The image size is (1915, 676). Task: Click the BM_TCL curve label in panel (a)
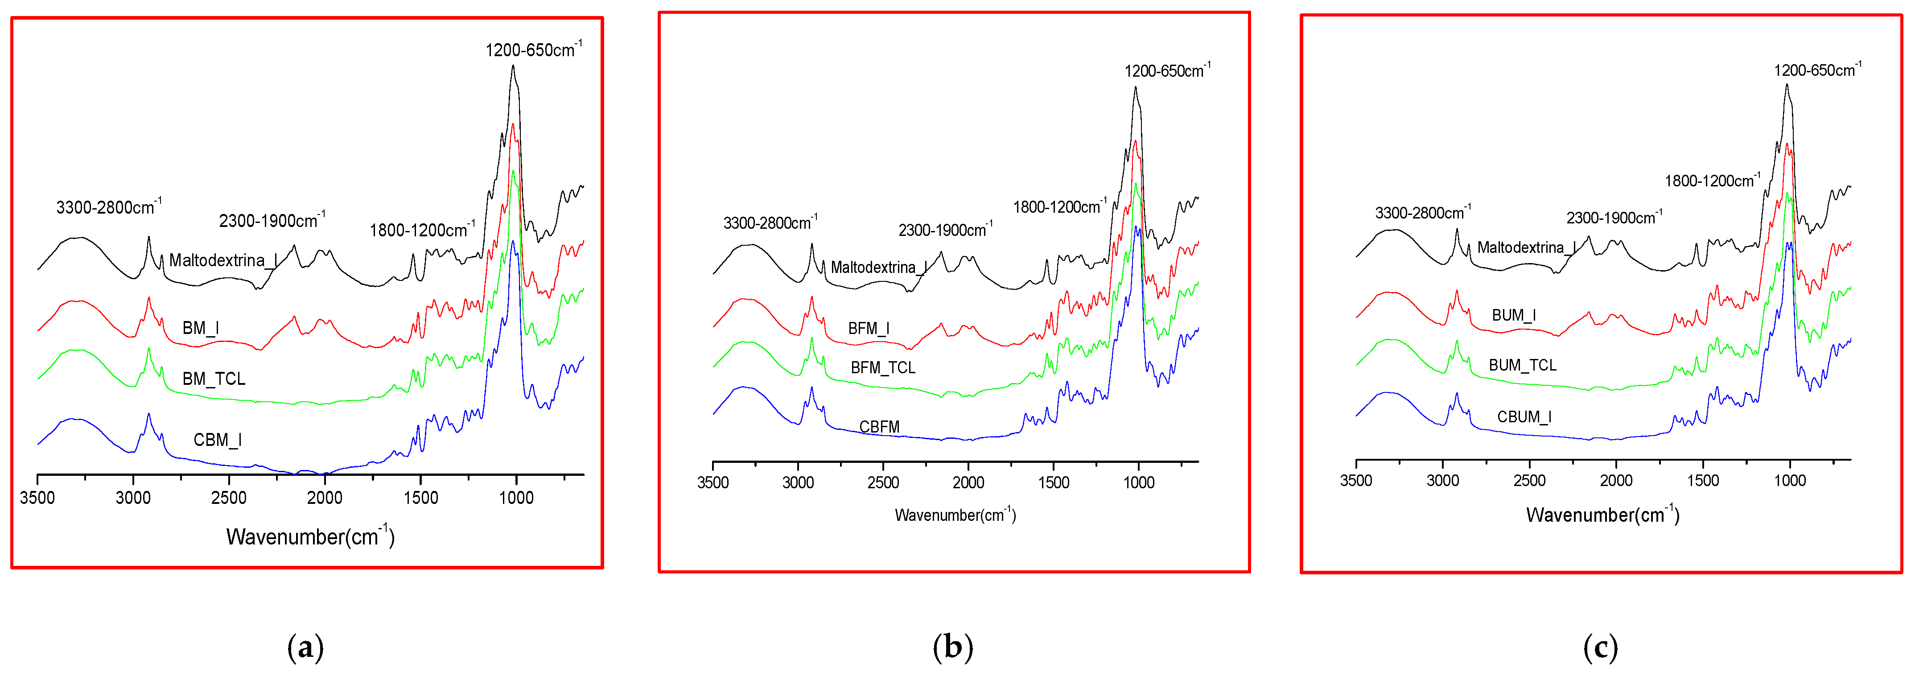point(214,379)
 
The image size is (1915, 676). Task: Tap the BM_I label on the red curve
point(200,328)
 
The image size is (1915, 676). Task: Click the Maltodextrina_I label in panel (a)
point(223,260)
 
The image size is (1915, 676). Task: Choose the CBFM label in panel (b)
point(879,427)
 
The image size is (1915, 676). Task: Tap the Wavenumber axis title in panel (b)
point(955,515)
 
